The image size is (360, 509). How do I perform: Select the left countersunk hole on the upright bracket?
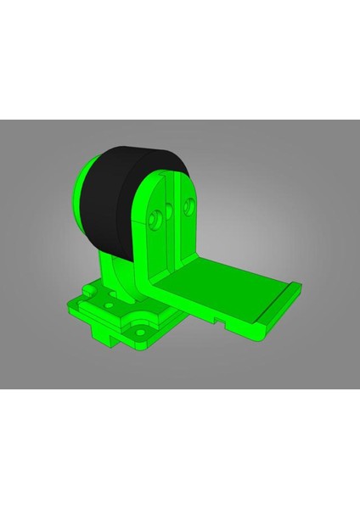(x=155, y=220)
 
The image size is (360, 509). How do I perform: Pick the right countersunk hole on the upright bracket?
(x=188, y=204)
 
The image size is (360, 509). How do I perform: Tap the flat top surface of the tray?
(x=229, y=284)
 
